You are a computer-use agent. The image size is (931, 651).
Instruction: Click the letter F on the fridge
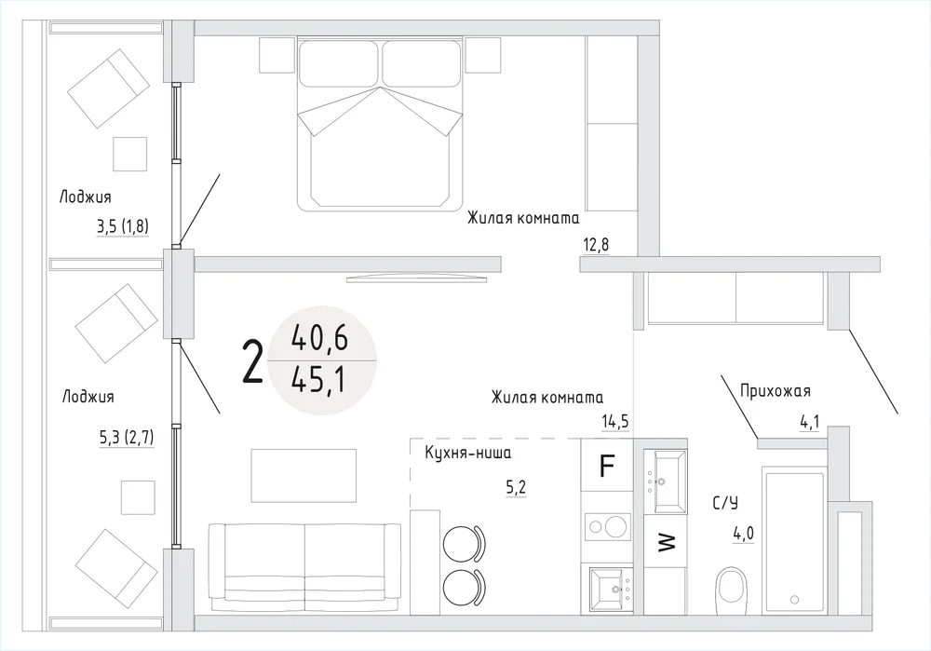click(x=606, y=466)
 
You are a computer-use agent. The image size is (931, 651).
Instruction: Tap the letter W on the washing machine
click(x=668, y=542)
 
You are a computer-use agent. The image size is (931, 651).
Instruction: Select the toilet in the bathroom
click(x=731, y=590)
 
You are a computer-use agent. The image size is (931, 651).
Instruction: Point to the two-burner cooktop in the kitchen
click(x=607, y=527)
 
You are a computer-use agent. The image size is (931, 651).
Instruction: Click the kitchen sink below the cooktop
click(x=611, y=590)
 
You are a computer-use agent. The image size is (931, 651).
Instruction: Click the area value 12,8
click(x=597, y=245)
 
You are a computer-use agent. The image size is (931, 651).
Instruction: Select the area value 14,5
click(x=614, y=421)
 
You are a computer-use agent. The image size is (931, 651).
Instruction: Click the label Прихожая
click(x=775, y=391)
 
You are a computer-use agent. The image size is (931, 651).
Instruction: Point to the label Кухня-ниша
click(x=468, y=454)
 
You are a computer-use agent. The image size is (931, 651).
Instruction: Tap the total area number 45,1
click(x=318, y=380)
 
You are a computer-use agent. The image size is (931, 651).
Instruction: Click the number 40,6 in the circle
click(x=319, y=338)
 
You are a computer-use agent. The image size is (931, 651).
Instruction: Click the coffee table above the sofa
click(x=304, y=475)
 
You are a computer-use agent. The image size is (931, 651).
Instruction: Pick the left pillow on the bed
click(x=338, y=63)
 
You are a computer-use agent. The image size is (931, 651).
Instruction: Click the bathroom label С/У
click(x=725, y=504)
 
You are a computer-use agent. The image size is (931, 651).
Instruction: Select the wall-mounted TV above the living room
click(x=415, y=278)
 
